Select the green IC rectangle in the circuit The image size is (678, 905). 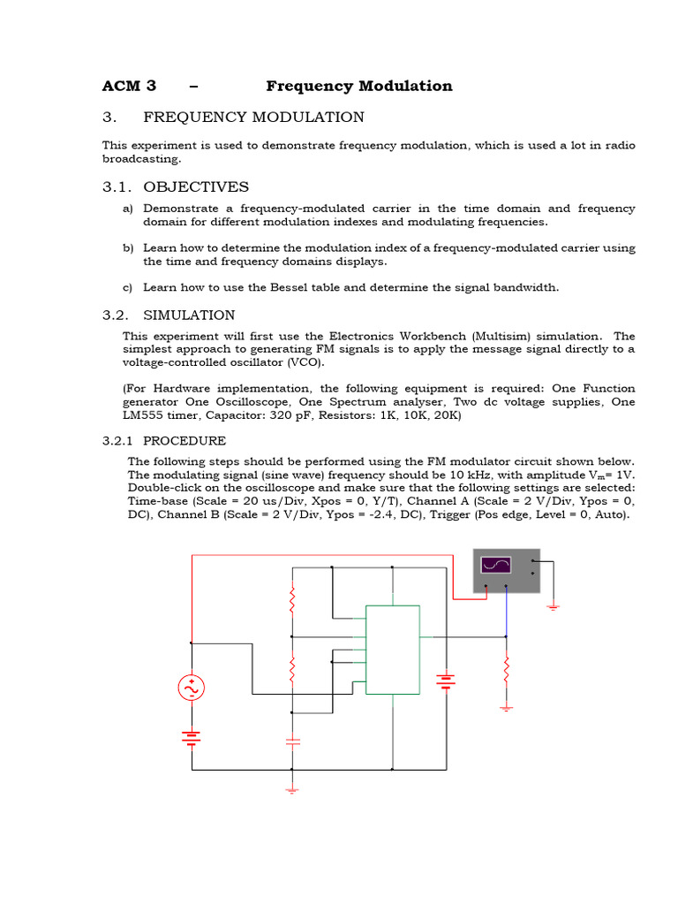(x=393, y=650)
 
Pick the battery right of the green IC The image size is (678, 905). (x=446, y=681)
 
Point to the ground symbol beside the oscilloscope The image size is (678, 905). (x=553, y=606)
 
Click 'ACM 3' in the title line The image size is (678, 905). (x=129, y=86)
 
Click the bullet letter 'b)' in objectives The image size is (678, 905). (x=128, y=248)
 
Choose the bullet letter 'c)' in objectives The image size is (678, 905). (x=128, y=287)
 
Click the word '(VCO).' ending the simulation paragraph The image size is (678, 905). (x=303, y=362)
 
